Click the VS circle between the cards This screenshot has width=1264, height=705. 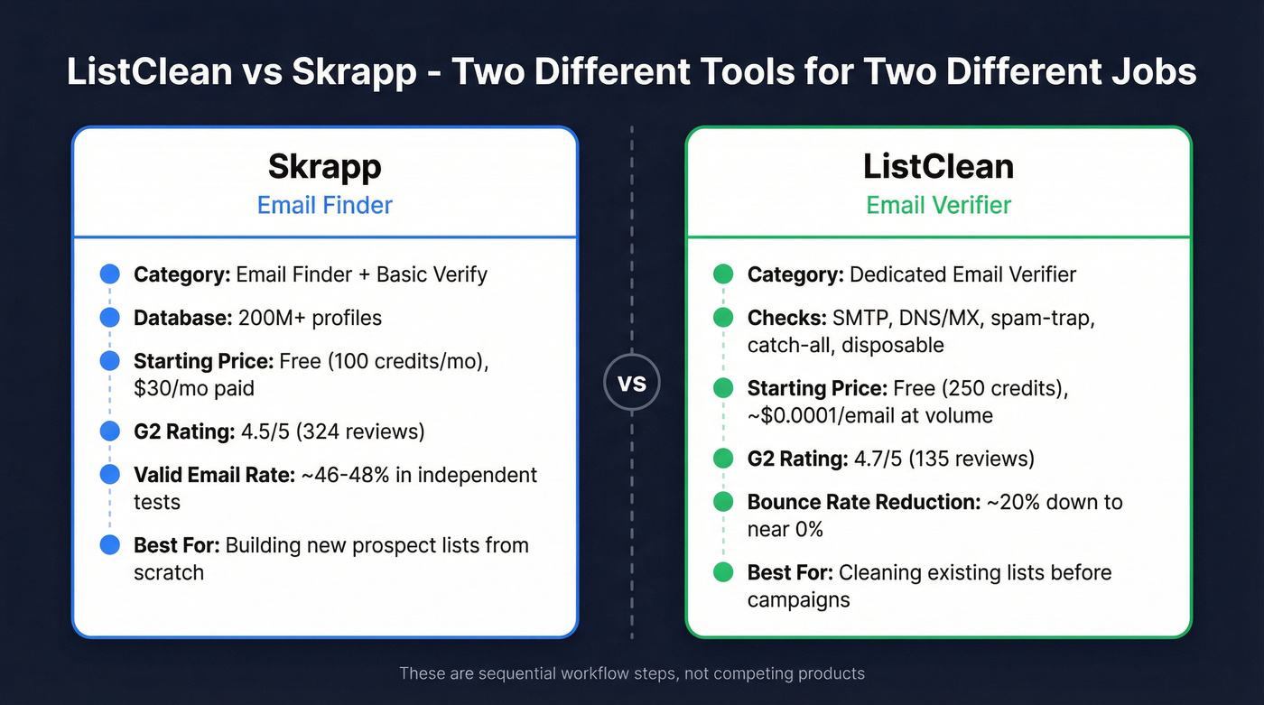coord(631,383)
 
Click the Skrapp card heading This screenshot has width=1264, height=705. coord(324,166)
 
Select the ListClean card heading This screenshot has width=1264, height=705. coord(938,166)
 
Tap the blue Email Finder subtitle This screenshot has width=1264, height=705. coord(324,205)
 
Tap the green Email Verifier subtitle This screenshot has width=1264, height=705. coord(938,205)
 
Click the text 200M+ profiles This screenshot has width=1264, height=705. coord(310,318)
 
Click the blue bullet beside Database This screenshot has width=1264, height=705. coord(109,318)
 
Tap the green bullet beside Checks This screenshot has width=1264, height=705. coord(722,318)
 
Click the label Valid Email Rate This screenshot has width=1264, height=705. coord(214,475)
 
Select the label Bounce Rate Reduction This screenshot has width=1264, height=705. coord(863,502)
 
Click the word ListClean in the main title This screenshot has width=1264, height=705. coord(149,71)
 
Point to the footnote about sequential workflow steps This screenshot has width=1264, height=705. coord(631,673)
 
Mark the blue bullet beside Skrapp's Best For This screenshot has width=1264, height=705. coord(109,545)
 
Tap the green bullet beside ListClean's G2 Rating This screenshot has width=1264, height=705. coord(722,459)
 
